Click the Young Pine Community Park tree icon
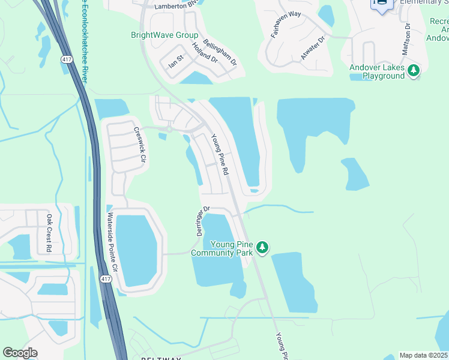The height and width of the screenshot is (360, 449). point(262,247)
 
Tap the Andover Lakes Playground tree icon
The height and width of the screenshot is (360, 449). point(414,71)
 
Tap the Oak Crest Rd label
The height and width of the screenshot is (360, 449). point(49,233)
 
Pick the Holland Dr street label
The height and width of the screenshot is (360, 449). point(205,53)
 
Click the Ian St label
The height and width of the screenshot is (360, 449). point(176,61)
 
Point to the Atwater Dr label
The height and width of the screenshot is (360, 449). point(312,48)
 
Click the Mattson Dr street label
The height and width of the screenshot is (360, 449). point(406,39)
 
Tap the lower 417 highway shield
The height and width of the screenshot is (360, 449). point(106,280)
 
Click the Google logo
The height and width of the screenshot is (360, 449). point(20,353)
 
